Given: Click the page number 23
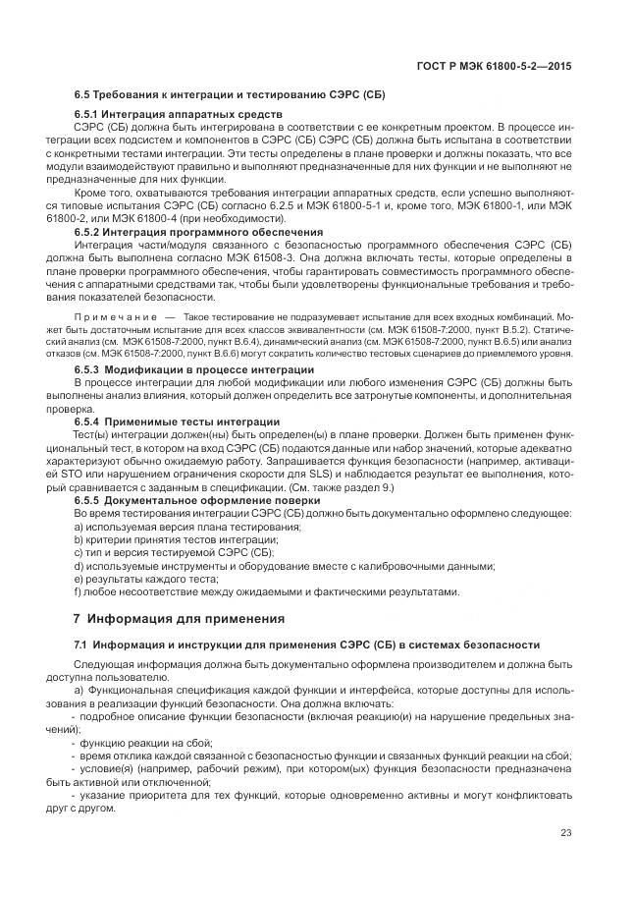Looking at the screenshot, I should point(566,833).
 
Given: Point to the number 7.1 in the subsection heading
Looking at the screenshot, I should point(82,645).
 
